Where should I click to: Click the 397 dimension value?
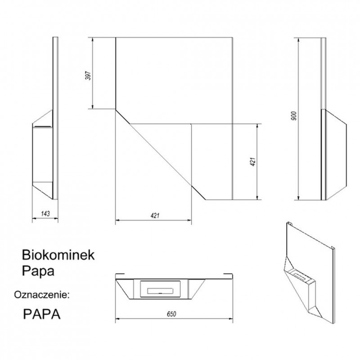(x=88, y=76)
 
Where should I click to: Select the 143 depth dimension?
(x=45, y=213)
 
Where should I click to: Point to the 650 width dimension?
(x=171, y=314)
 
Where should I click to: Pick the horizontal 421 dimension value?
(x=155, y=216)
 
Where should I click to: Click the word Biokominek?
(x=58, y=255)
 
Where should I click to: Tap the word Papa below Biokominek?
(x=38, y=271)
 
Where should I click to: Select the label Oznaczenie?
(x=42, y=294)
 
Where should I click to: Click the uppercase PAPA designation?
(x=42, y=314)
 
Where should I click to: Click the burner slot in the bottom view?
(x=161, y=291)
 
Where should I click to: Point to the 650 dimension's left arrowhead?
(x=117, y=319)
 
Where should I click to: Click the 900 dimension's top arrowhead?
(x=298, y=40)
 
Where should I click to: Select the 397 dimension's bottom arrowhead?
(x=93, y=107)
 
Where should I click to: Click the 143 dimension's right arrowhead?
(x=56, y=219)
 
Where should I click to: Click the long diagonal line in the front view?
(x=160, y=155)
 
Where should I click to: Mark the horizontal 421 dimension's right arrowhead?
(x=189, y=220)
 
